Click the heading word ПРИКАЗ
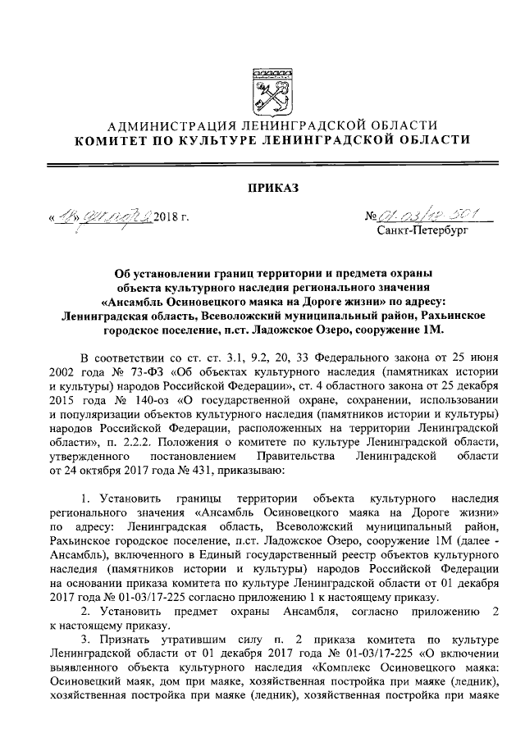click(x=262, y=188)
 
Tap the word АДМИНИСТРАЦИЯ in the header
click(x=167, y=125)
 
